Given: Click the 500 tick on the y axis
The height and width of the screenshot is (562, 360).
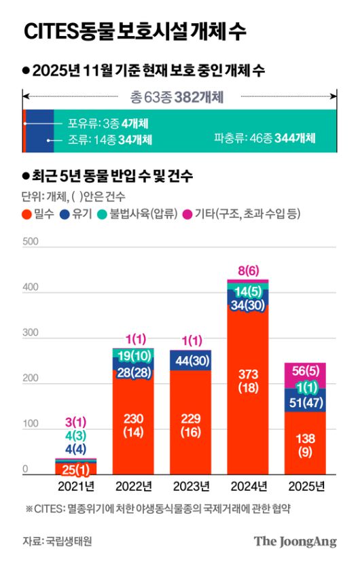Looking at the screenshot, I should [x=29, y=241].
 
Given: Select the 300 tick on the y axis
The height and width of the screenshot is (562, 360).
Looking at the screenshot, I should [x=29, y=333].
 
